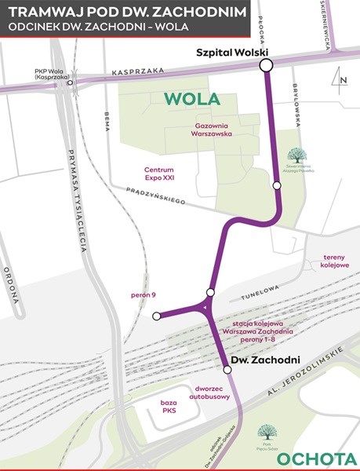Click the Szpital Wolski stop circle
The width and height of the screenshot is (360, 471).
tap(266, 65)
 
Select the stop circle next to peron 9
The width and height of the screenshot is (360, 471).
tap(157, 316)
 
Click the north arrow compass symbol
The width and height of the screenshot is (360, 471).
tap(340, 78)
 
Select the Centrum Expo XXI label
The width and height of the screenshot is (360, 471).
tap(158, 174)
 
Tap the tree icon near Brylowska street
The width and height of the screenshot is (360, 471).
tap(303, 155)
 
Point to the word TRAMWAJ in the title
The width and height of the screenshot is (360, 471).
tap(49, 12)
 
